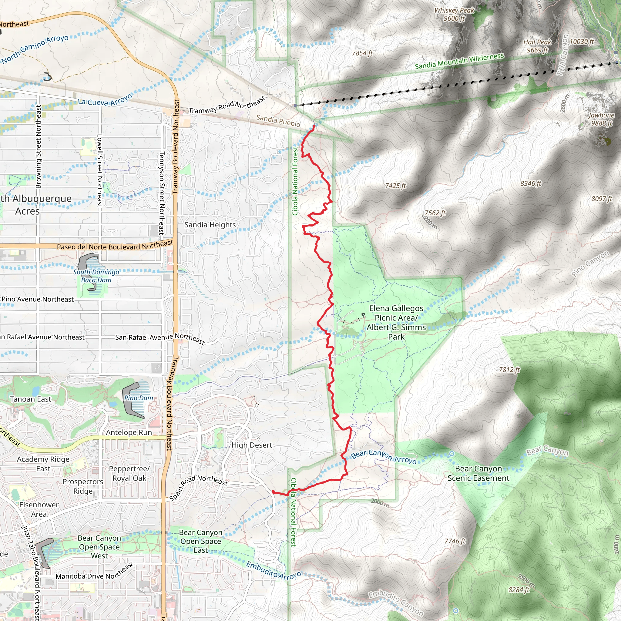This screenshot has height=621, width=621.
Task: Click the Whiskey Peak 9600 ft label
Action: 454,15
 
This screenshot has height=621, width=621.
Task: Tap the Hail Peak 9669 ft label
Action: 537,46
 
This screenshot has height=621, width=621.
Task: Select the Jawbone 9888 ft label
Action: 601,119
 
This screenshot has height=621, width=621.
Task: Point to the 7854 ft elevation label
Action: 362,53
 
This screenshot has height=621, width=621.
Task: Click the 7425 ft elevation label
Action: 395,186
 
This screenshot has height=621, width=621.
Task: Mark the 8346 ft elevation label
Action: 531,183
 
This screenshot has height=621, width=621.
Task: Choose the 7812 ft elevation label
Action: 509,370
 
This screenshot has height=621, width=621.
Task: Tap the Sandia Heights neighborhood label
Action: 210,225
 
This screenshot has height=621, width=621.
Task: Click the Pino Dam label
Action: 139,398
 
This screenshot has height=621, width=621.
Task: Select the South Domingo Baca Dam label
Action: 96,276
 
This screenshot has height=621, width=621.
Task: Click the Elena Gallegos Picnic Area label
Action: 396,322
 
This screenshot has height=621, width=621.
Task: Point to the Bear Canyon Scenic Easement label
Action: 478,473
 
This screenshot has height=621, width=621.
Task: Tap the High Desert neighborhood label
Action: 252,445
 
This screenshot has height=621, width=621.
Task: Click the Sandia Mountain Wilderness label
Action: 459,61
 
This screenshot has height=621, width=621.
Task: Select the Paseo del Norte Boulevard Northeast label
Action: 115,246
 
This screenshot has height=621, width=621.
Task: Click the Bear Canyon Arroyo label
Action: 384,457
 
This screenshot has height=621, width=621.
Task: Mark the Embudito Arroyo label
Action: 274,571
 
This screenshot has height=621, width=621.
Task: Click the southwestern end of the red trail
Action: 273,492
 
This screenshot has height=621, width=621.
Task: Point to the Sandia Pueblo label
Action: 278,121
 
